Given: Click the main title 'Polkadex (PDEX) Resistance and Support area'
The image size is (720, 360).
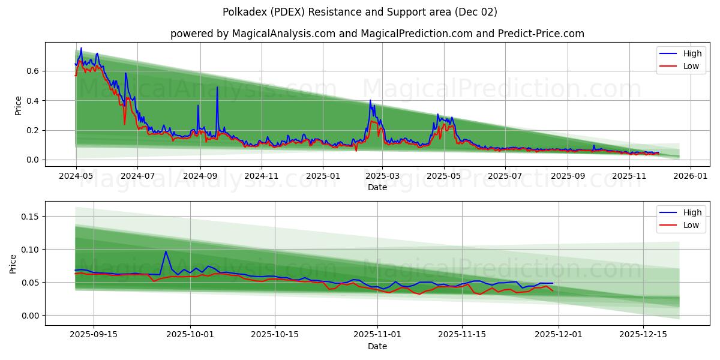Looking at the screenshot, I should point(359,12).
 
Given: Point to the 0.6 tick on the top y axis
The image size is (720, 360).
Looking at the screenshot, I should point(32,71).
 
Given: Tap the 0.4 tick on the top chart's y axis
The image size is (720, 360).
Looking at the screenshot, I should point(32,100).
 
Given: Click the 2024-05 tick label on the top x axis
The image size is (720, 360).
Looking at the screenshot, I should point(76,176).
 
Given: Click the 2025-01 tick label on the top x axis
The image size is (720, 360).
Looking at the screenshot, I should point(323,176).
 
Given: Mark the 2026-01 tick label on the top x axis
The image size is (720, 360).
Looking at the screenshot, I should point(690,176).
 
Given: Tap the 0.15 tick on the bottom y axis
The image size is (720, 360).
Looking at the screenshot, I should point(29,216).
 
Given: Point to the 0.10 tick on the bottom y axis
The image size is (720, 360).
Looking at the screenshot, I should point(29,249).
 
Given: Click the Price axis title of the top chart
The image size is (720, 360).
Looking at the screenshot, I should point(18,105).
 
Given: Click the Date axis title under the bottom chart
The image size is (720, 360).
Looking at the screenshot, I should point(377,346).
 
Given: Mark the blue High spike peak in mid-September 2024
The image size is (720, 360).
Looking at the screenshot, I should point(217,88).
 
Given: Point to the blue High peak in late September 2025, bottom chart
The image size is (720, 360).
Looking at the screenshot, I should point(166,251).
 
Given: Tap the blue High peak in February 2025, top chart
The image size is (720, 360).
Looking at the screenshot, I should point(370,100).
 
